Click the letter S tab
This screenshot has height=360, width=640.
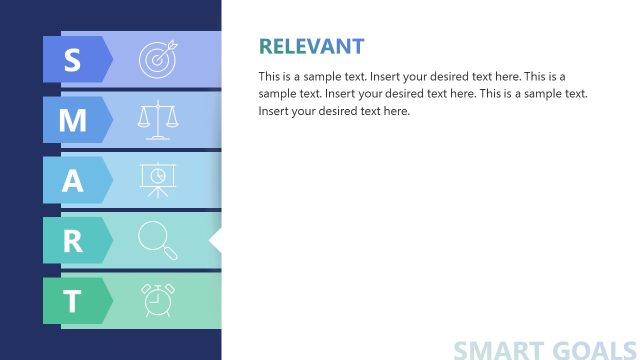pyautogui.click(x=72, y=60)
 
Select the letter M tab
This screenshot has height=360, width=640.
pyautogui.click(x=72, y=120)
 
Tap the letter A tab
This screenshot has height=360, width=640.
pyautogui.click(x=72, y=180)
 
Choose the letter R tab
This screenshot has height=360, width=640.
pyautogui.click(x=72, y=241)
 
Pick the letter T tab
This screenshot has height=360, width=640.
pyautogui.click(x=72, y=301)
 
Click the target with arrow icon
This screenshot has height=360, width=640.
pyautogui.click(x=157, y=59)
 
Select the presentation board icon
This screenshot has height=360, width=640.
pyautogui.click(x=157, y=180)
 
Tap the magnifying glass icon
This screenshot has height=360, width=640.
pyautogui.click(x=157, y=241)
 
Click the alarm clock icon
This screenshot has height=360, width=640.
pyautogui.click(x=157, y=300)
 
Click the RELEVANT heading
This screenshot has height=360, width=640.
pyautogui.click(x=311, y=46)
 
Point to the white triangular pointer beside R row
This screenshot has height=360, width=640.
pyautogui.click(x=214, y=241)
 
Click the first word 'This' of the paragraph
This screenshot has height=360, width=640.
pyautogui.click(x=271, y=76)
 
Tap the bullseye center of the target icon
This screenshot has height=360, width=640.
pyautogui.click(x=155, y=61)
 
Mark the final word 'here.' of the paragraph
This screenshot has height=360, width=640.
pyautogui.click(x=394, y=110)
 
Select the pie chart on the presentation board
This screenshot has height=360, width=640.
pyautogui.click(x=157, y=175)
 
